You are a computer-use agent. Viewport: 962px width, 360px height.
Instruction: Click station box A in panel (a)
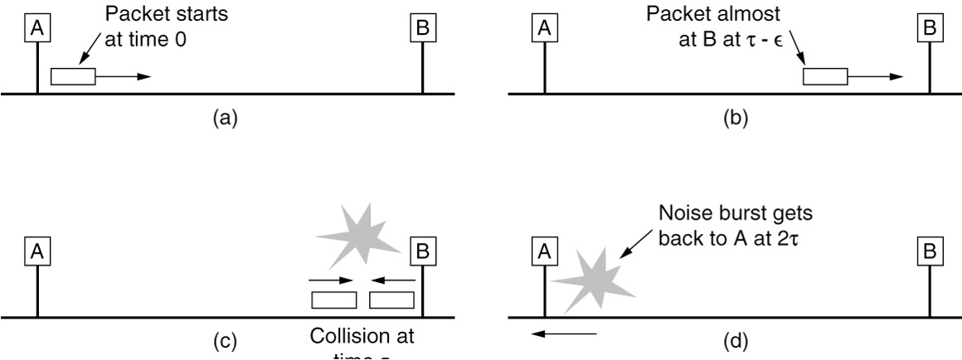36,29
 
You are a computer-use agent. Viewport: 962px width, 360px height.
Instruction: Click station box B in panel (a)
423,29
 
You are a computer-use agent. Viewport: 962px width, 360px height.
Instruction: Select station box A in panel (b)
543,29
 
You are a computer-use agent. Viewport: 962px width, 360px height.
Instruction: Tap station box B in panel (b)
930,29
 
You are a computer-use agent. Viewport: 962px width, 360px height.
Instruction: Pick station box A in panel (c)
36,251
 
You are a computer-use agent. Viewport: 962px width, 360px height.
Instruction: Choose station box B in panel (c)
423,251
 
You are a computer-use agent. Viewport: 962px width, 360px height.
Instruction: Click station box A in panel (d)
543,251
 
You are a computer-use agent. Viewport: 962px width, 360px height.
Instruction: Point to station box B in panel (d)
930,251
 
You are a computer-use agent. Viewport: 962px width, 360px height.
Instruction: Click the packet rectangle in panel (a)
73,76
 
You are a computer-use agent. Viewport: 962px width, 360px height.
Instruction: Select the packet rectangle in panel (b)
825,76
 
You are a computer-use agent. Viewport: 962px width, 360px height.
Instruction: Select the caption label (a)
225,118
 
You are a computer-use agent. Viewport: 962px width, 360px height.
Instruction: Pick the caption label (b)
735,118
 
